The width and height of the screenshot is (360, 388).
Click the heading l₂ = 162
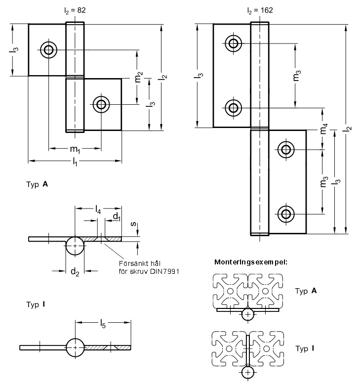[x=260, y=9]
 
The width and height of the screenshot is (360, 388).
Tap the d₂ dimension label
[x=75, y=271]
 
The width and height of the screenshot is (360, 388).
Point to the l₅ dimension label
[x=103, y=324]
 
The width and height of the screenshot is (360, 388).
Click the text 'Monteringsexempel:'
[x=251, y=262]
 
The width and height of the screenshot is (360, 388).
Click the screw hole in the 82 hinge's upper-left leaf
[x=48, y=49]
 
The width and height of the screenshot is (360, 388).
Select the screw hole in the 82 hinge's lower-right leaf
[x=101, y=104]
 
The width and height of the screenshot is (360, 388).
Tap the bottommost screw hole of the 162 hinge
[x=285, y=214]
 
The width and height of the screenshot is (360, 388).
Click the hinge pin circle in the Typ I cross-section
[x=75, y=347]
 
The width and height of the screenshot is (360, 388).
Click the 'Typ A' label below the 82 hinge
[x=37, y=184]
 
